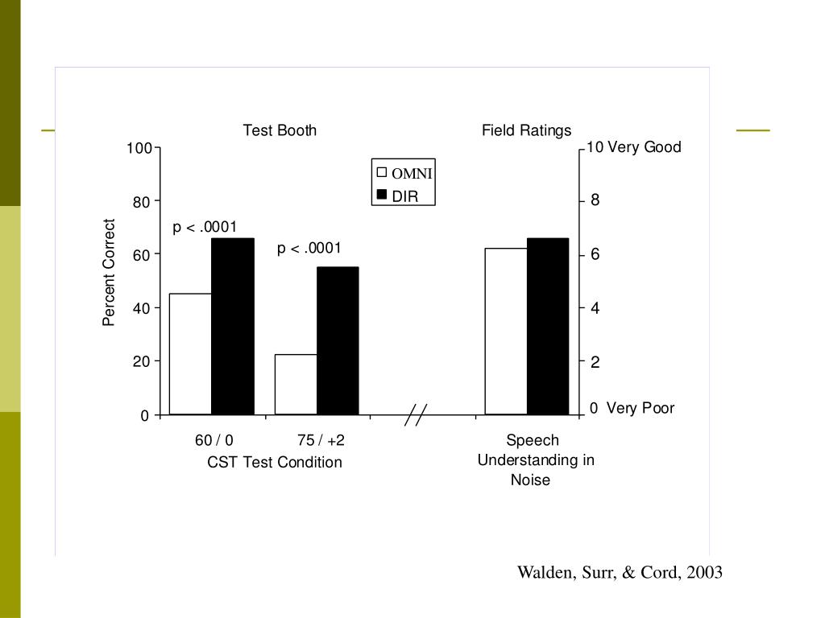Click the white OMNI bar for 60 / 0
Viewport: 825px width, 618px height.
coord(190,354)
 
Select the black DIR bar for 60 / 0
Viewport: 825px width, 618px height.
coord(233,327)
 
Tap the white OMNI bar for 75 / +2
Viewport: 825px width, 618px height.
coord(296,385)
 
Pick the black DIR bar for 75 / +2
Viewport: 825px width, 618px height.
coord(338,341)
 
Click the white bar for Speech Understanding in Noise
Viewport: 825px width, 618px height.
coord(506,332)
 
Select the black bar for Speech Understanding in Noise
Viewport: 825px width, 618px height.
coord(548,327)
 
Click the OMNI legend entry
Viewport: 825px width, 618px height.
coord(404,173)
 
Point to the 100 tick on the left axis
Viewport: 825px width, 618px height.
coord(139,148)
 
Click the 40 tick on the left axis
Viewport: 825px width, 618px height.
coord(141,308)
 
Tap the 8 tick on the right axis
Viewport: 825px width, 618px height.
coord(595,200)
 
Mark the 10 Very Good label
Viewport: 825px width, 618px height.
coord(634,147)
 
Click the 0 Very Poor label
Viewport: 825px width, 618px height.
coord(632,408)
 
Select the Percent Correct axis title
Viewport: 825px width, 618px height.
coord(110,273)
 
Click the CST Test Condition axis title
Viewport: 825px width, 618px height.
coord(275,462)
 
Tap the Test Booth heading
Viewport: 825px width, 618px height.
coord(280,130)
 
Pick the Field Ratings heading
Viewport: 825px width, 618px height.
coord(526,130)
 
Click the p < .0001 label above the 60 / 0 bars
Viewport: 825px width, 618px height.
coord(205,228)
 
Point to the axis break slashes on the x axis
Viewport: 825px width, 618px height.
coord(415,415)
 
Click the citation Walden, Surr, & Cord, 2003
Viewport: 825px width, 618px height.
coord(620,572)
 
